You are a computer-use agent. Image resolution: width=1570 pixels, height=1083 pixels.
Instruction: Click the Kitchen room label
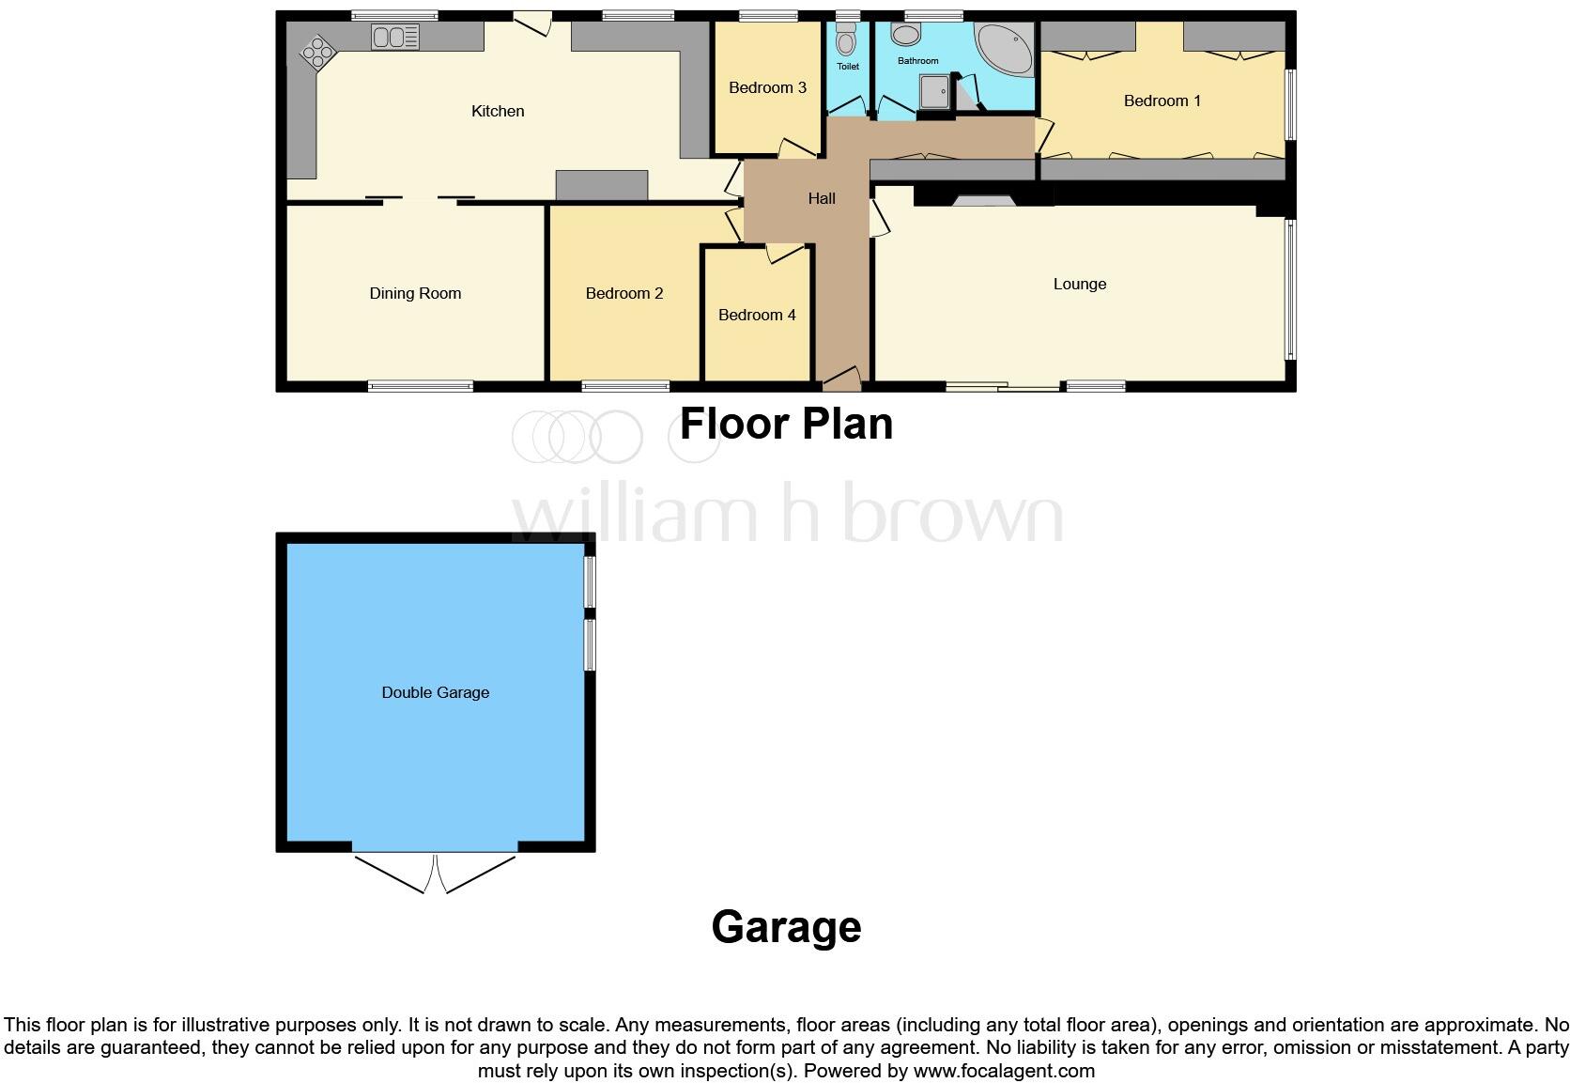pyautogui.click(x=498, y=111)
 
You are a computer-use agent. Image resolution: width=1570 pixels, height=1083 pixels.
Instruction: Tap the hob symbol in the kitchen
pyautogui.click(x=318, y=52)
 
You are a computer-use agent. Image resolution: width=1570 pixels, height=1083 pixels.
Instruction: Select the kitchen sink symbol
pyautogui.click(x=395, y=38)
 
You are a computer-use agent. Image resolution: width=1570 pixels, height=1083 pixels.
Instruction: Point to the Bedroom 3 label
pyautogui.click(x=767, y=87)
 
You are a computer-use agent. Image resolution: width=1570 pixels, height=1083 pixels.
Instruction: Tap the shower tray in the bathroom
pyautogui.click(x=935, y=92)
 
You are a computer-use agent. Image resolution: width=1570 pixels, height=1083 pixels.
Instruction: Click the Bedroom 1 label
pyautogui.click(x=1162, y=101)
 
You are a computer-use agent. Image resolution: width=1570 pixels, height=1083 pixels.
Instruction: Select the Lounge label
pyautogui.click(x=1079, y=284)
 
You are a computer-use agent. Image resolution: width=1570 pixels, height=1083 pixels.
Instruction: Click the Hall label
pyautogui.click(x=822, y=198)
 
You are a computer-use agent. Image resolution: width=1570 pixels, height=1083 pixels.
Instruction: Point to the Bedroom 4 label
pyautogui.click(x=757, y=315)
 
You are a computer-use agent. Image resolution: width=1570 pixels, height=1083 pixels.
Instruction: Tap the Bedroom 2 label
pyautogui.click(x=624, y=293)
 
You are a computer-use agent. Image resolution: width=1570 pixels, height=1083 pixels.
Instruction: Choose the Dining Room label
pyautogui.click(x=415, y=293)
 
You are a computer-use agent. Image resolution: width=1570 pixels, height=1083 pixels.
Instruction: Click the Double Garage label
pyautogui.click(x=435, y=692)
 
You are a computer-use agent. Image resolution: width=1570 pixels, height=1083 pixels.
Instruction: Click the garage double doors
pyautogui.click(x=436, y=872)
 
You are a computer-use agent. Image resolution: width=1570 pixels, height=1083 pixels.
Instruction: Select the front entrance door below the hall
pyautogui.click(x=841, y=379)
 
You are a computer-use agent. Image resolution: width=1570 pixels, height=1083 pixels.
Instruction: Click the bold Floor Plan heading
pyautogui.click(x=786, y=424)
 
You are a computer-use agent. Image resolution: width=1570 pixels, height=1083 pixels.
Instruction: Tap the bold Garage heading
pyautogui.click(x=786, y=927)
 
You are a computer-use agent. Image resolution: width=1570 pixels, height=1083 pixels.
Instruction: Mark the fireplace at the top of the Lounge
pyautogui.click(x=983, y=198)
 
